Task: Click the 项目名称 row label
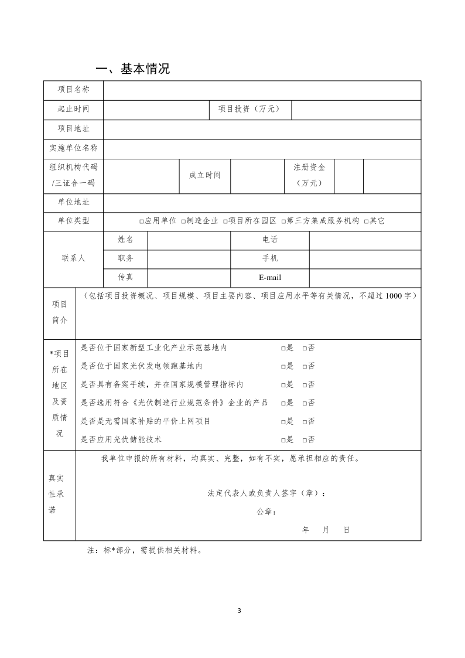(x=73, y=90)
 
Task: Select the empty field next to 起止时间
(x=156, y=109)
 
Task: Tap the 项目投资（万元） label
(x=249, y=109)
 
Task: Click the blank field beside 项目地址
(x=262, y=129)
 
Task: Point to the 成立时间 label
(x=204, y=175)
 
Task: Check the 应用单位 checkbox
(x=142, y=221)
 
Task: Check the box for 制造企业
(x=183, y=221)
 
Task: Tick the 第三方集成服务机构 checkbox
(x=283, y=221)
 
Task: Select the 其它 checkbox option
(x=366, y=221)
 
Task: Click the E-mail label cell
(x=269, y=278)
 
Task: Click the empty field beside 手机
(x=364, y=258)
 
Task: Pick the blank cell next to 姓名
(x=189, y=240)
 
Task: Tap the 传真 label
(x=125, y=277)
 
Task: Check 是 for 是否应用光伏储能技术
(x=283, y=439)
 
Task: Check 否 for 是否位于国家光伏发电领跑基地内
(x=305, y=367)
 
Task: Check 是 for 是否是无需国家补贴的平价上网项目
(x=283, y=421)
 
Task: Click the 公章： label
(x=266, y=512)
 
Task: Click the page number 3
(x=239, y=611)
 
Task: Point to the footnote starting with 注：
(x=145, y=551)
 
